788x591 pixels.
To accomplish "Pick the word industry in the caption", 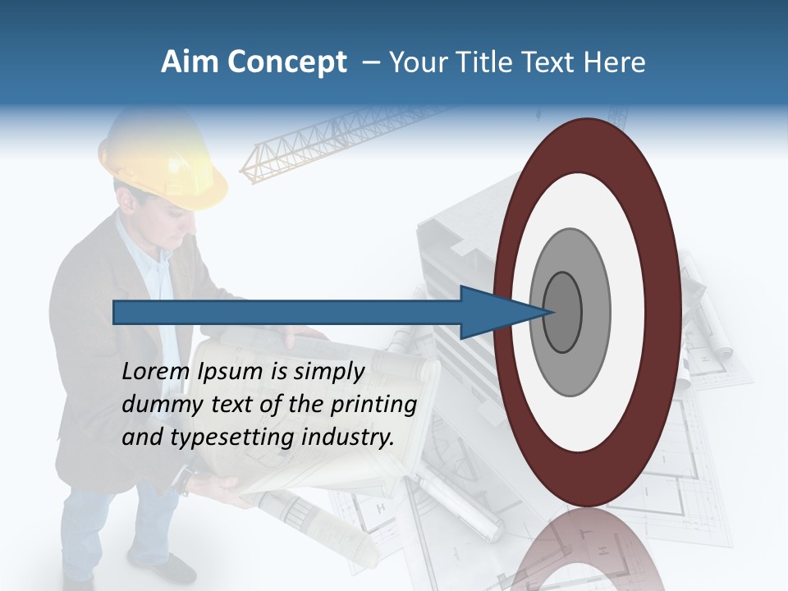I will coord(348,438).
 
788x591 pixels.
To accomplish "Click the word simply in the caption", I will coord(328,372).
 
